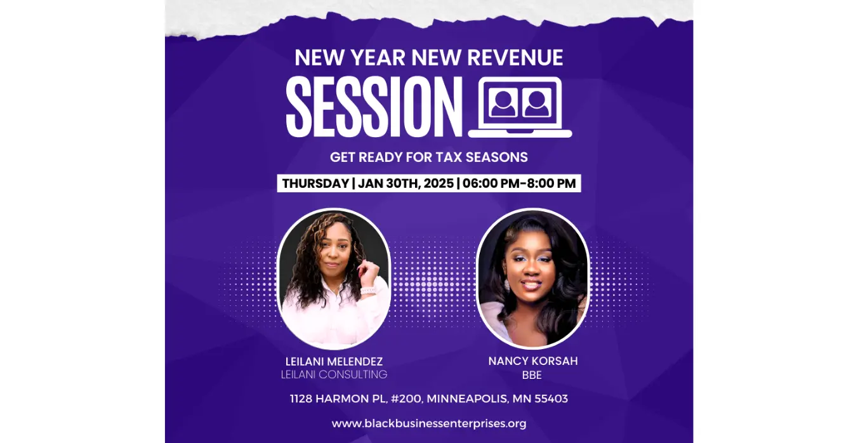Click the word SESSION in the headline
point(374,107)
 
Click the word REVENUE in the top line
point(515,58)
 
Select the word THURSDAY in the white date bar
point(315,183)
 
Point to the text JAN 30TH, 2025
point(406,183)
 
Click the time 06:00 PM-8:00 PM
point(519,183)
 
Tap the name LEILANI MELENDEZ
point(334,361)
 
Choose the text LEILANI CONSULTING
point(334,374)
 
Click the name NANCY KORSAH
point(533,361)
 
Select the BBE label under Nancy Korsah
point(532,375)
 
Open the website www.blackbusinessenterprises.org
point(429,423)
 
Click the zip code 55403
point(551,399)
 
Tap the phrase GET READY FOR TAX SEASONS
point(429,157)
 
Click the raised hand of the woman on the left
point(369,270)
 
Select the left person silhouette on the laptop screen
point(503,103)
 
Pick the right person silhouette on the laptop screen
point(536,103)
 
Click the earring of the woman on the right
point(507,285)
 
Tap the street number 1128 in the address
point(301,399)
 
